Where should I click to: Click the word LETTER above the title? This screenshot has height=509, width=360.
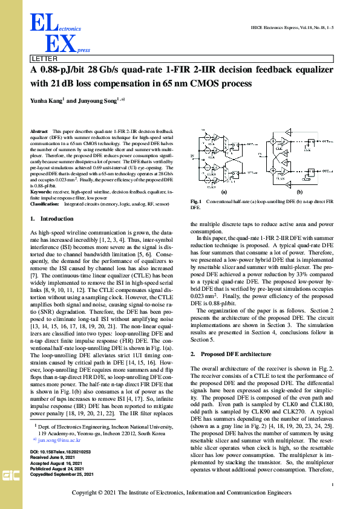click(x=44, y=59)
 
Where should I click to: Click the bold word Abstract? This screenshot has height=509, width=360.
click(x=39, y=131)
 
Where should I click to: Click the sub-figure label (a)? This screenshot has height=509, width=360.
click(x=224, y=191)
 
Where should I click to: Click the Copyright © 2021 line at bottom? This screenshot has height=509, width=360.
click(x=180, y=493)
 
